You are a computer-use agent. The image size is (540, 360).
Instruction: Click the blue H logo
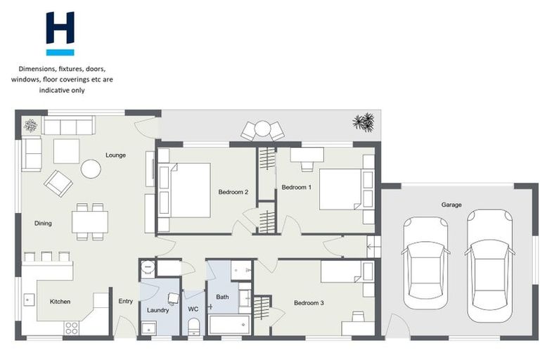60,33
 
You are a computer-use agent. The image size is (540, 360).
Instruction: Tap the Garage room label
451,205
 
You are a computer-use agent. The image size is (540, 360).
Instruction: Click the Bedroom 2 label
233,192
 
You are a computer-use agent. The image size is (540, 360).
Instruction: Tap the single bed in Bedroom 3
347,271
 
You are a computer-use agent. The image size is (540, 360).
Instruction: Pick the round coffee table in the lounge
91,169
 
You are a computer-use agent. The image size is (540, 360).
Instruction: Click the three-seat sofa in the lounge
67,126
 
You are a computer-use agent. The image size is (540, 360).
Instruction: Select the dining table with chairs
90,221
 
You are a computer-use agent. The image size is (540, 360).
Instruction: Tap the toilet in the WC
194,326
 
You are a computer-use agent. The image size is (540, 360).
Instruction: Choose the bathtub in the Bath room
229,325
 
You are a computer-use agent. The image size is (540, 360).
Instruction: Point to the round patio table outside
262,129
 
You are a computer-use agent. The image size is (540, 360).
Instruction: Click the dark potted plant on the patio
364,122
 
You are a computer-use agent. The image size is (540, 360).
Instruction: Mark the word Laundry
158,309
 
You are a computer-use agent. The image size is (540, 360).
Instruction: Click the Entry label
125,301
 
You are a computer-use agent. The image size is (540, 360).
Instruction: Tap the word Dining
43,224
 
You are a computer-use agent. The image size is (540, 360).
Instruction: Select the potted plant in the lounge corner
30,125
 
